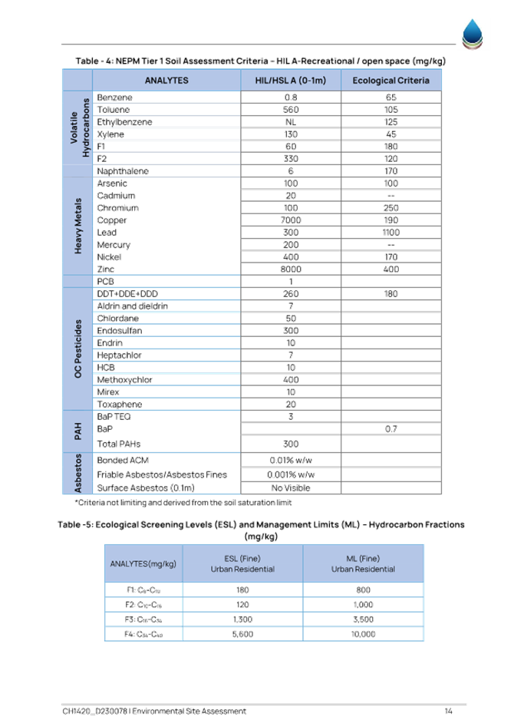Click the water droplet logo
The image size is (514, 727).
coord(473,34)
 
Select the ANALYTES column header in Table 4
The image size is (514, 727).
coord(166,81)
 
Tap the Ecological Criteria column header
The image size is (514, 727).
coord(390,81)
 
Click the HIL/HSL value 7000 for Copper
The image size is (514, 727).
coord(291,220)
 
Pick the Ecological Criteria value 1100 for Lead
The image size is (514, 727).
coord(390,233)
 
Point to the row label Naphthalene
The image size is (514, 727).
coord(123,171)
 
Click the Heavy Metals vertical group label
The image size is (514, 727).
coord(77,226)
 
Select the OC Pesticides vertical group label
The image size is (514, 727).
coord(77,349)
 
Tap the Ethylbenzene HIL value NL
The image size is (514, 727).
coord(291,122)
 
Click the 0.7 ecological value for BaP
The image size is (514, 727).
coord(390,429)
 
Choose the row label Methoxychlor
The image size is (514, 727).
coord(124,380)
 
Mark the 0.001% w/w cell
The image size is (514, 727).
coord(291,474)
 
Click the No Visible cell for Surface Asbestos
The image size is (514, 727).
coord(291,487)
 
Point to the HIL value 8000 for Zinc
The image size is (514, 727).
coord(291,269)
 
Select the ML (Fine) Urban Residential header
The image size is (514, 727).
coord(363,563)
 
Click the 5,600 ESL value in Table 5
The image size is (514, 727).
coord(242,634)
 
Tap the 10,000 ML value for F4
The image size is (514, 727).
coord(363,634)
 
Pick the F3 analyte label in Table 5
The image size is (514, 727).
coord(143,620)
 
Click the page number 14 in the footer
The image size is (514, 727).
coord(448,711)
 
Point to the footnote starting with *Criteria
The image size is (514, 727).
coord(183,503)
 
